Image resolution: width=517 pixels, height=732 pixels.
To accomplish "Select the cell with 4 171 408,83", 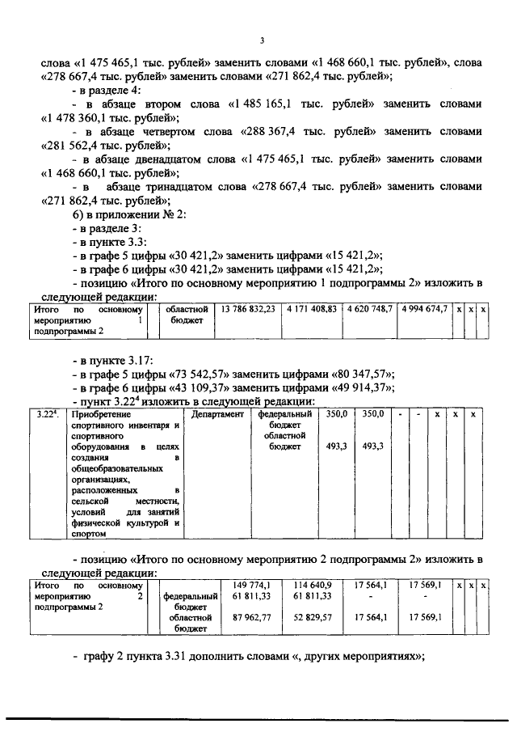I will (310, 309).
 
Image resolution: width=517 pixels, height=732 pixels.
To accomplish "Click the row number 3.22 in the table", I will (49, 414).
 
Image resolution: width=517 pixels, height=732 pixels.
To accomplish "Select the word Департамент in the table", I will (218, 414).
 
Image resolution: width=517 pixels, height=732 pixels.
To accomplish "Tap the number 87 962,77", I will (254, 616).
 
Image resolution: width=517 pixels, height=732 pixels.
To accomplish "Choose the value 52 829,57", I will (313, 616).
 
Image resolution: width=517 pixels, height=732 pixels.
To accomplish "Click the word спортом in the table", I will (90, 535).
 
